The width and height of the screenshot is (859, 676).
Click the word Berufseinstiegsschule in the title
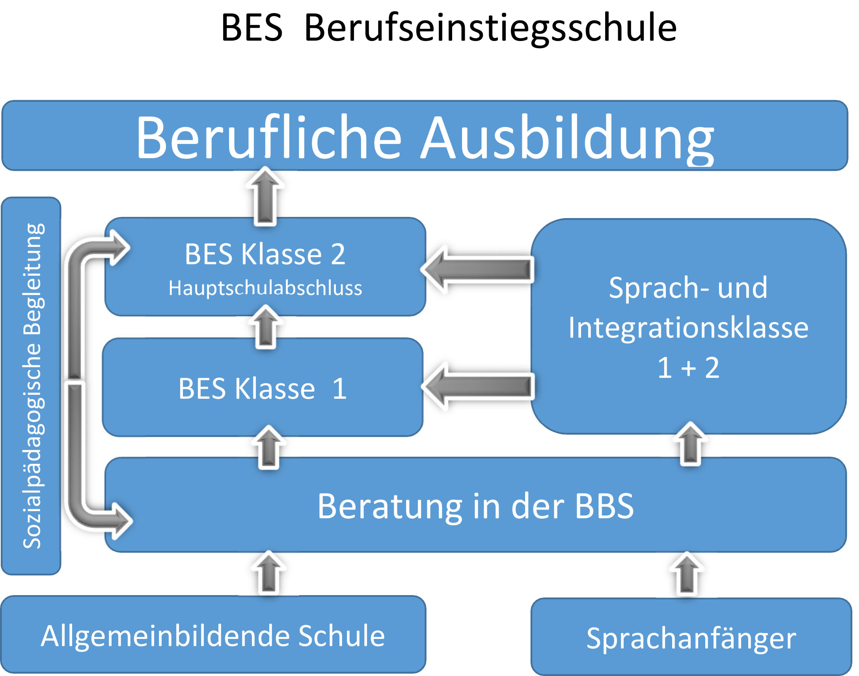[x=490, y=28]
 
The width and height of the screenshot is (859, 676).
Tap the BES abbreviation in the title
[x=252, y=28]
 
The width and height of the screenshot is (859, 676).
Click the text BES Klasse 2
[x=265, y=254]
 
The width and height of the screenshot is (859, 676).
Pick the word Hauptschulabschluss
[x=265, y=288]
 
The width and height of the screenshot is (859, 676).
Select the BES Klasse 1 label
[x=263, y=388]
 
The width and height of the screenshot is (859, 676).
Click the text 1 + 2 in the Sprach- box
[x=689, y=368]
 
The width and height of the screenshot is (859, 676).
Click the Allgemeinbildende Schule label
[x=213, y=636]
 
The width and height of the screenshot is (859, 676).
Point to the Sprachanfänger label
[x=691, y=638]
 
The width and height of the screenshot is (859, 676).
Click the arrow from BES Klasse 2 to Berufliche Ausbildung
[x=265, y=196]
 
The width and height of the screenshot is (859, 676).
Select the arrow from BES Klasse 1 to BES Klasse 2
[x=266, y=327]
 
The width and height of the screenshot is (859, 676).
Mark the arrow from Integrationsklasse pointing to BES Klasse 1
[x=479, y=386]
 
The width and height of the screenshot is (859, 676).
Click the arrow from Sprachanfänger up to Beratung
[x=687, y=574]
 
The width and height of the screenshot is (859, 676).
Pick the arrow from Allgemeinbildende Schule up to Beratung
[x=269, y=573]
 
